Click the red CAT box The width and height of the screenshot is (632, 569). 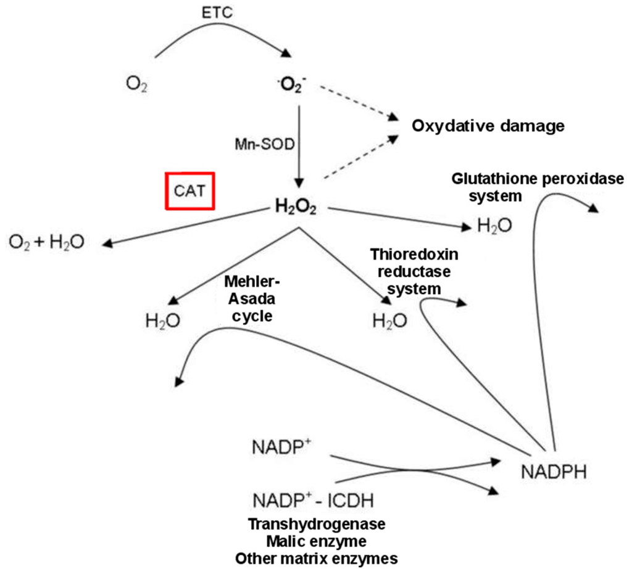(189, 191)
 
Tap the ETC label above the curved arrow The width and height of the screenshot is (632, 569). (218, 12)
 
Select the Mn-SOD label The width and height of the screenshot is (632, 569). (259, 145)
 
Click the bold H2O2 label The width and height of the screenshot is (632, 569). (296, 208)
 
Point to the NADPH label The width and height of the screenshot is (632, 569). (554, 472)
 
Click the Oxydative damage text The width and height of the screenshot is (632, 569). (488, 126)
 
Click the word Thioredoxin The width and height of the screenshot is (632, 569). (414, 255)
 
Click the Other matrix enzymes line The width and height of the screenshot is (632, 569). (317, 559)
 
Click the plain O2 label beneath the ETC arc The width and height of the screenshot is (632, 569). (136, 83)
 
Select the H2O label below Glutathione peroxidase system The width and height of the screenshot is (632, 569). (494, 226)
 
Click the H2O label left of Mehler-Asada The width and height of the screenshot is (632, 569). (162, 321)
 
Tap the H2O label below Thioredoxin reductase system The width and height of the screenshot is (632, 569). (389, 321)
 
